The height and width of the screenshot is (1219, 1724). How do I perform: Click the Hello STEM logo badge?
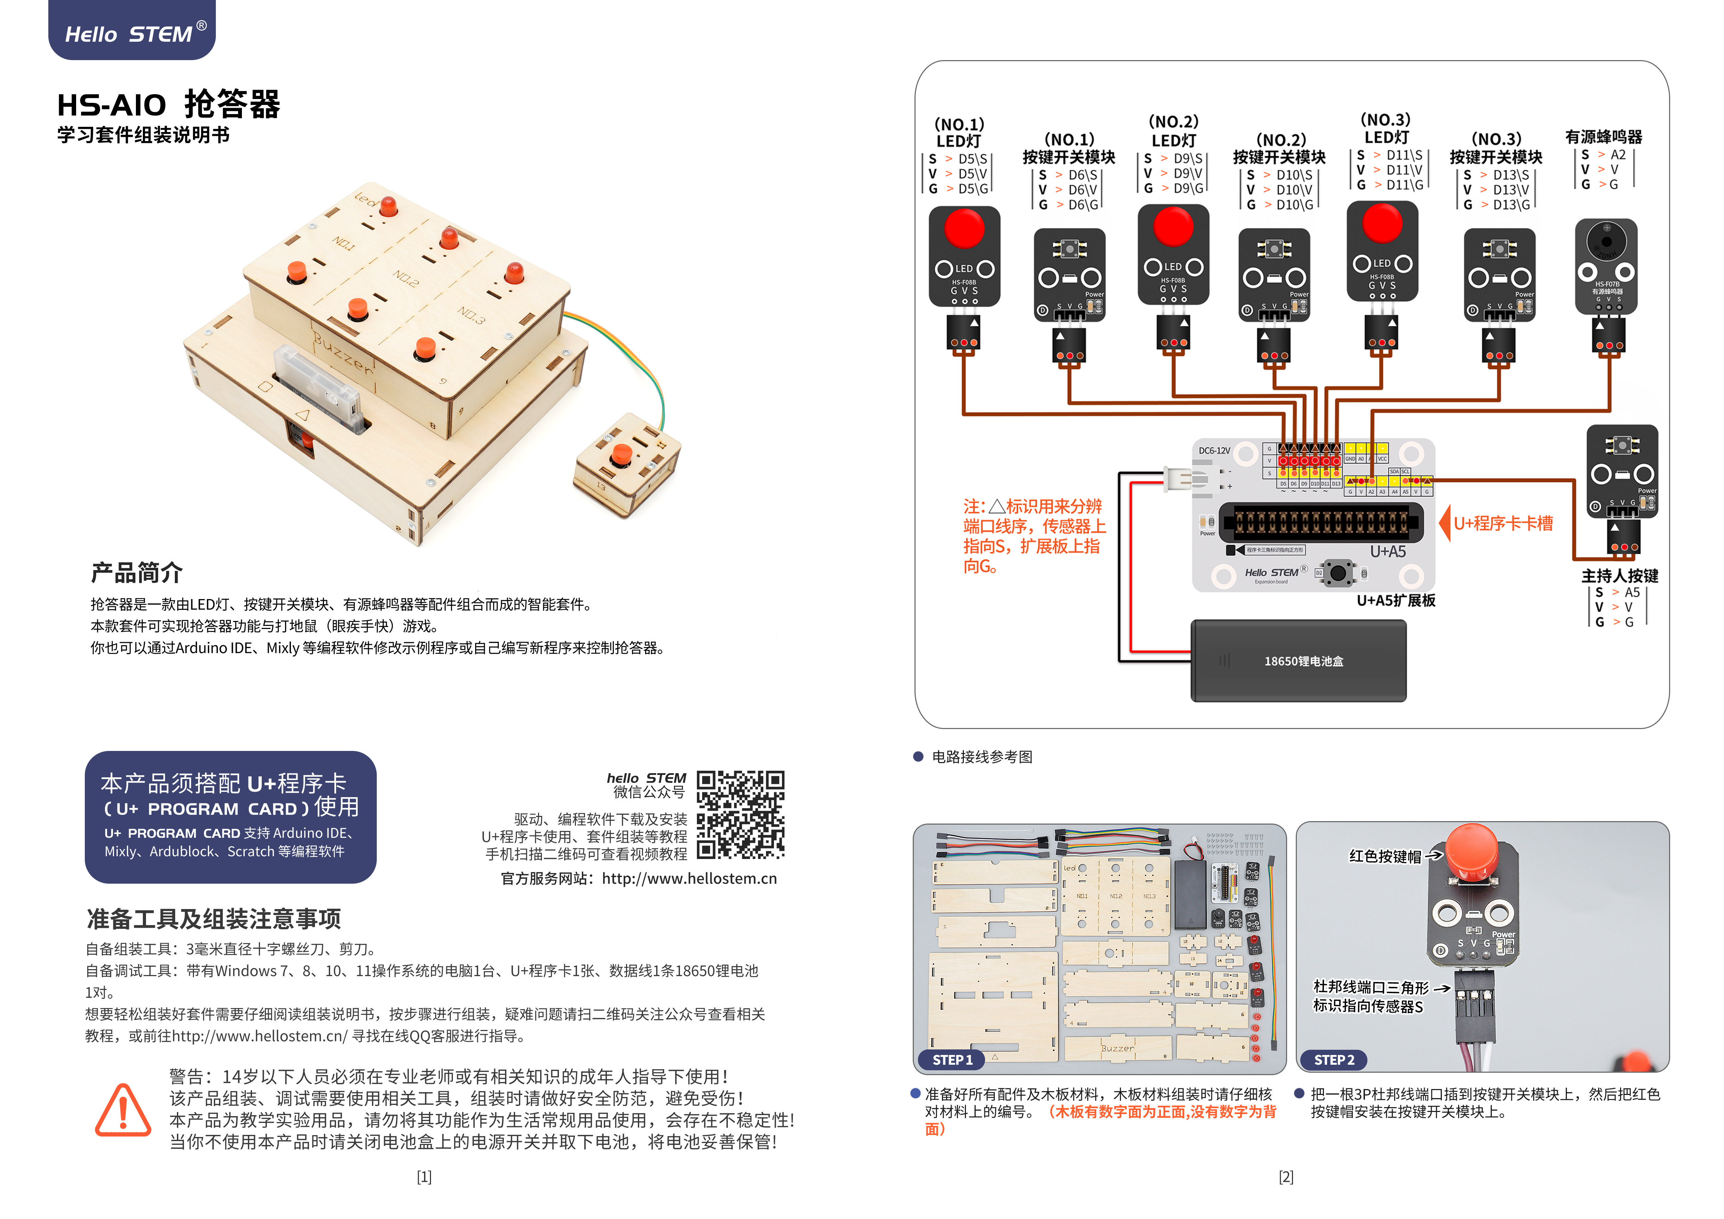click(x=132, y=30)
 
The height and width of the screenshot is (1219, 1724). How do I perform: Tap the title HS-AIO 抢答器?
click(x=169, y=104)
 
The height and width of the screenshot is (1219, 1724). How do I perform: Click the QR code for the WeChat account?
click(x=740, y=815)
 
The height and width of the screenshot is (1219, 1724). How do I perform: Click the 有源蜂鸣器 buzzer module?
click(x=1606, y=267)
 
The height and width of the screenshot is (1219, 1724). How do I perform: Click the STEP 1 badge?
click(x=952, y=1060)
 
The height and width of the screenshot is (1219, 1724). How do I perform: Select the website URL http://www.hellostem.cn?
click(x=689, y=878)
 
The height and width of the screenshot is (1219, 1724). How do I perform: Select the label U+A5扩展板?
click(x=1396, y=600)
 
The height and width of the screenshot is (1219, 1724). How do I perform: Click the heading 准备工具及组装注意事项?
click(x=214, y=919)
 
